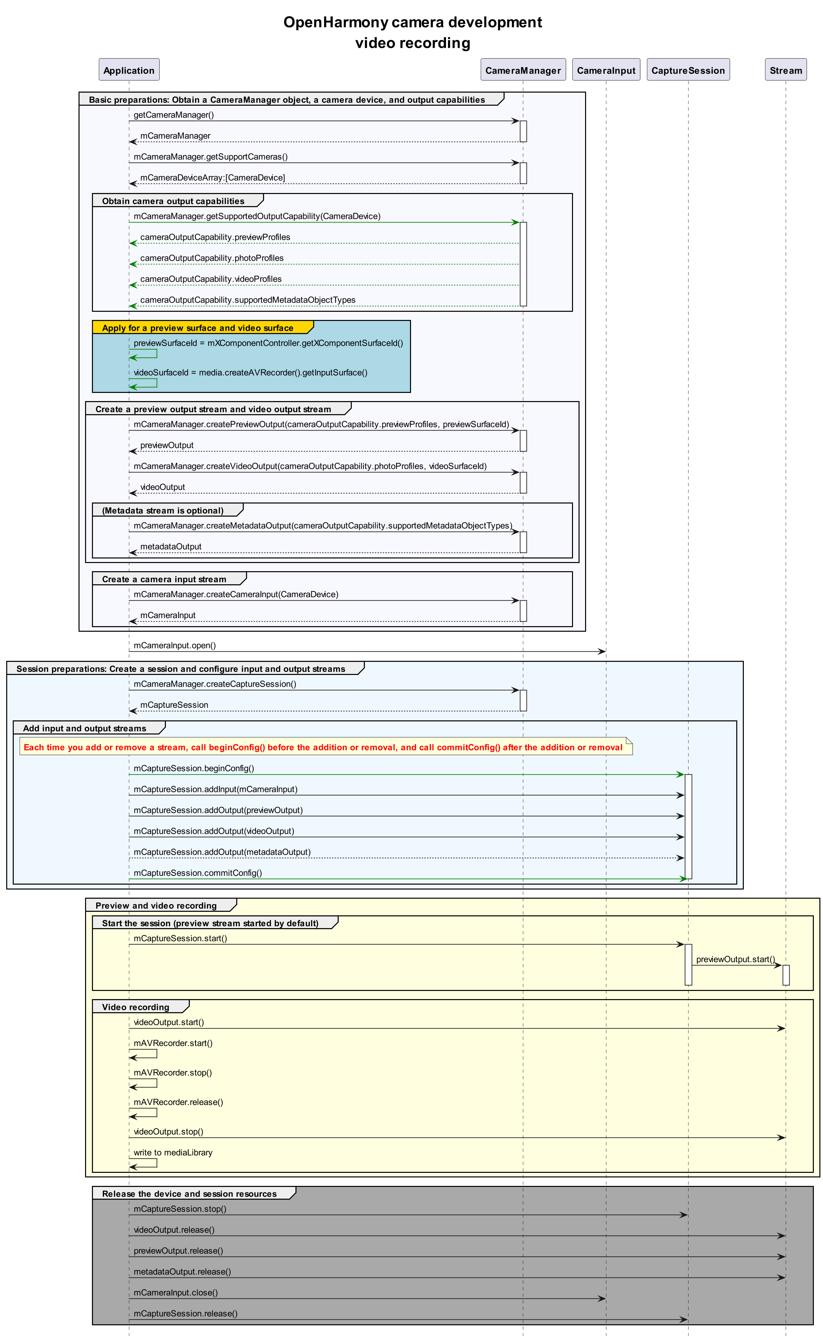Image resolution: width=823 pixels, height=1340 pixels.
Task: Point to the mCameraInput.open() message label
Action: pyautogui.click(x=175, y=645)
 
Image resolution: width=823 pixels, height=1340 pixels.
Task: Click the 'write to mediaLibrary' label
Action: pyautogui.click(x=173, y=1152)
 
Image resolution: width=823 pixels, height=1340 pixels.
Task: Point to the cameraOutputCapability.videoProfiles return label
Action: pyautogui.click(x=211, y=278)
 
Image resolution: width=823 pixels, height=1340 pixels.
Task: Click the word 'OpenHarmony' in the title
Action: pyautogui.click(x=336, y=22)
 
